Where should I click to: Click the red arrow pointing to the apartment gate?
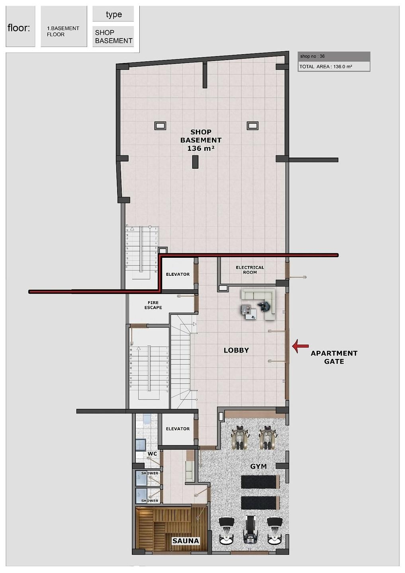pos(300,346)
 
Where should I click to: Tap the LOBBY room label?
pos(236,350)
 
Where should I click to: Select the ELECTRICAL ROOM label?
pos(250,270)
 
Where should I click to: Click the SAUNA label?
pos(186,541)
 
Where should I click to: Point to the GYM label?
pos(258,466)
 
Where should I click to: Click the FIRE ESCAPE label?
pos(153,305)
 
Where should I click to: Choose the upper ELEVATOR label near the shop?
pos(178,274)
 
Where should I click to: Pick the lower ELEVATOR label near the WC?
pos(178,429)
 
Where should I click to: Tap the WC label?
pos(152,454)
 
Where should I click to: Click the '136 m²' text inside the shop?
pos(201,148)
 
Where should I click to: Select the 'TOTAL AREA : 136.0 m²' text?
pos(326,66)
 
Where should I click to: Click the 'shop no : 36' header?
pos(313,56)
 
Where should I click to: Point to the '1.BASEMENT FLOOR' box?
pos(63,31)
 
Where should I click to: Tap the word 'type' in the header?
pos(113,15)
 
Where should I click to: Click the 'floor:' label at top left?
pos(19,28)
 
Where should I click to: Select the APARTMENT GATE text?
pos(334,357)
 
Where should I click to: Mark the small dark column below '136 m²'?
pos(195,162)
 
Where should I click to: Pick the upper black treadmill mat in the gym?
pos(259,481)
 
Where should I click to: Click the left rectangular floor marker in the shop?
pos(160,126)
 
